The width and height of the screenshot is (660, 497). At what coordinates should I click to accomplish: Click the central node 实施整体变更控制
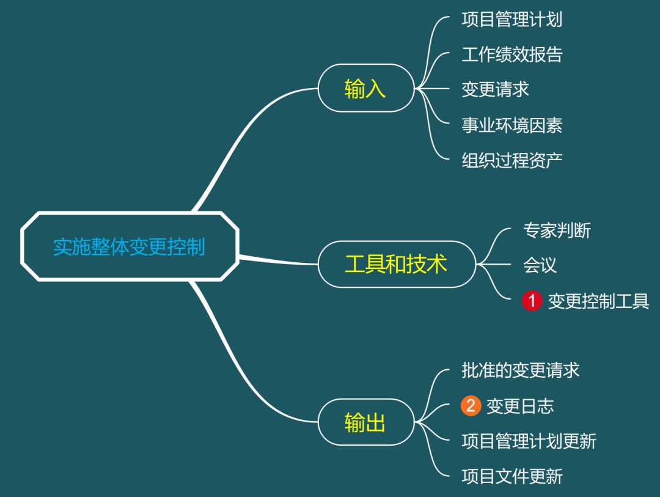[x=129, y=246]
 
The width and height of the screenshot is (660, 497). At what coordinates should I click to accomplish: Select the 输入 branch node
[x=365, y=89]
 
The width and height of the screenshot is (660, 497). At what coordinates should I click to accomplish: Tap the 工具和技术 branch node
[x=396, y=264]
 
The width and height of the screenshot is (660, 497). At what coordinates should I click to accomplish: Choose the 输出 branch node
[x=365, y=422]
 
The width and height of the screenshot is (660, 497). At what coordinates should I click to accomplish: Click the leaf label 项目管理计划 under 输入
[x=512, y=20]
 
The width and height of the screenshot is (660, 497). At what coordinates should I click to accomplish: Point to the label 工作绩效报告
[x=512, y=55]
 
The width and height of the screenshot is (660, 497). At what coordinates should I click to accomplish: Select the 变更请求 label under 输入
[x=495, y=90]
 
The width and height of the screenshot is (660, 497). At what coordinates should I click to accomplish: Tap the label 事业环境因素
[x=512, y=125]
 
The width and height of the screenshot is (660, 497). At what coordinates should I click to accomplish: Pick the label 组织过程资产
[x=512, y=160]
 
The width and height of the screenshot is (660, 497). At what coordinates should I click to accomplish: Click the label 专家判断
[x=557, y=230]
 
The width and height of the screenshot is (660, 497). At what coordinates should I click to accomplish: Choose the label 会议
[x=540, y=265]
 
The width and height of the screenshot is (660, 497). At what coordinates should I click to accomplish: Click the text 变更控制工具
[x=598, y=301]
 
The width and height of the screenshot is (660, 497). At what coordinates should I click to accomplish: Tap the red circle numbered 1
[x=532, y=301]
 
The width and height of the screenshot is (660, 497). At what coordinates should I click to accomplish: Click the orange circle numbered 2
[x=471, y=406]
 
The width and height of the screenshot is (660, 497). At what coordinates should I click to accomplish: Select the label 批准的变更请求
[x=520, y=370]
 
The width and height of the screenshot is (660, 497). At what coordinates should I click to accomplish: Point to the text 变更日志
[x=520, y=406]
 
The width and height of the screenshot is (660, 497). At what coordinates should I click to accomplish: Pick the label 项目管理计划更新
[x=529, y=441]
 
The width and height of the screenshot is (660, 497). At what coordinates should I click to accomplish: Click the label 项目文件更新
[x=512, y=477]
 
